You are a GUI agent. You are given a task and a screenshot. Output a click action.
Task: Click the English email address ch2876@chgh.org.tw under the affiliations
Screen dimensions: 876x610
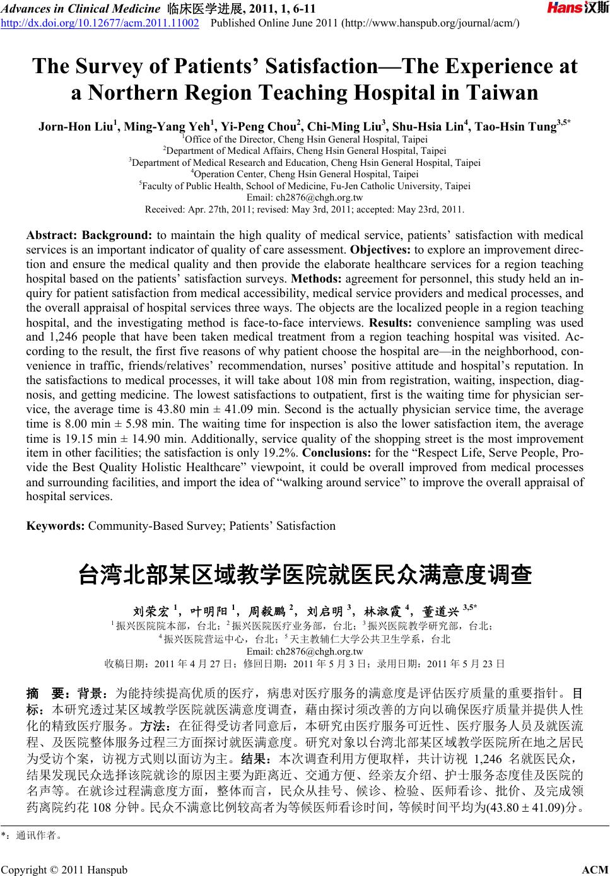tap(305, 197)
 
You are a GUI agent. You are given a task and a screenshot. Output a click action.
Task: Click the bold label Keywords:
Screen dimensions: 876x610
tap(56, 525)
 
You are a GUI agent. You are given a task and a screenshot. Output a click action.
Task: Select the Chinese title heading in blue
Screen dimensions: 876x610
tap(305, 575)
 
